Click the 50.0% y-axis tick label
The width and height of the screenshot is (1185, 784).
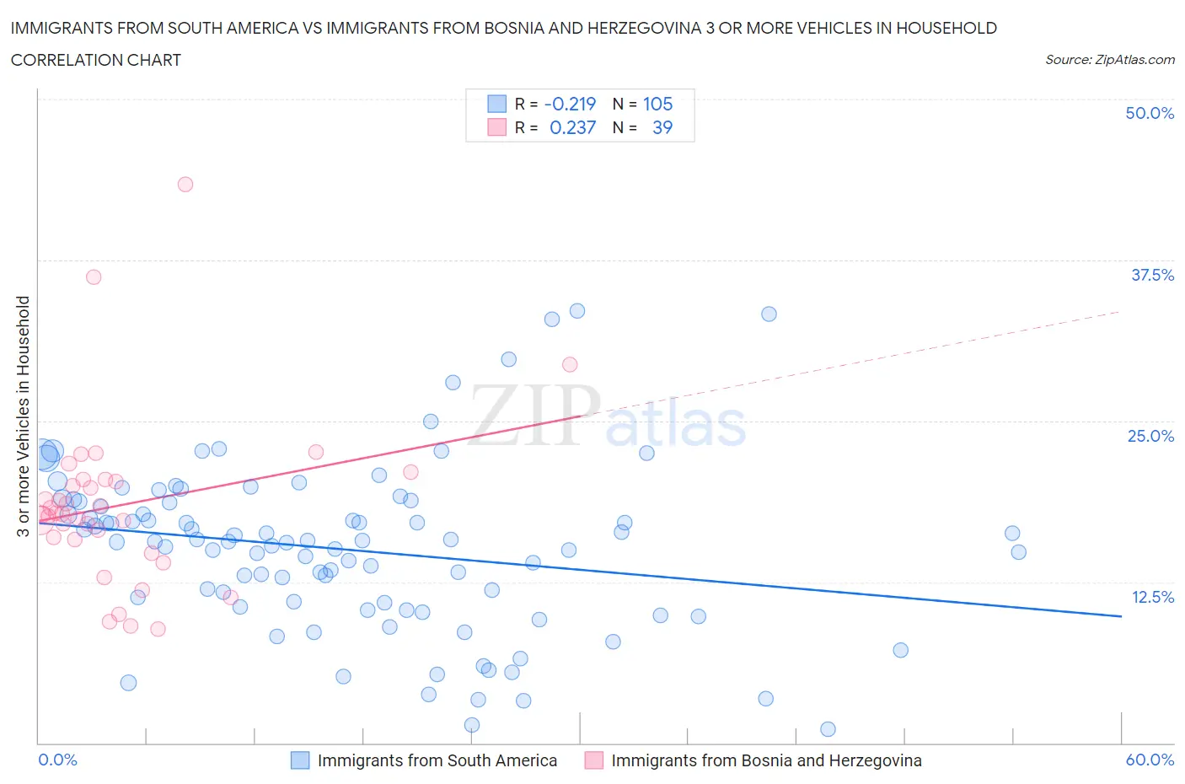point(1150,113)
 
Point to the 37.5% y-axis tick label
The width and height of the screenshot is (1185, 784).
point(1152,275)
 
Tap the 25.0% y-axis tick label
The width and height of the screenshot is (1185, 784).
point(1150,436)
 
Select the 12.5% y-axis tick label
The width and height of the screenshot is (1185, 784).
point(1152,597)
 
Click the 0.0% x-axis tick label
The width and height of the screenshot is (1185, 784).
point(57,760)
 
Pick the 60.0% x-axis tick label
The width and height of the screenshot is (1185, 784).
point(1150,760)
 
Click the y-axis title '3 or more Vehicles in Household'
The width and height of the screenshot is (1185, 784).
point(23,416)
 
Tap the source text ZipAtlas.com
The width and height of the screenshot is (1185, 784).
point(1109,60)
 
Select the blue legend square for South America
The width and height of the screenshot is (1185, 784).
point(300,760)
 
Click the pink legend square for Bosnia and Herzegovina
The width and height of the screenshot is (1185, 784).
point(594,760)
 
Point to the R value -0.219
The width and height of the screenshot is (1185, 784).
point(570,104)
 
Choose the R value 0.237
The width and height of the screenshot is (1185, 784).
point(572,127)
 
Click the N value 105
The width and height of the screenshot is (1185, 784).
point(657,104)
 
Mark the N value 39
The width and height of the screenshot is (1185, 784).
point(662,127)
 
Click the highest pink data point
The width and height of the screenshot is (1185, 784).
point(185,184)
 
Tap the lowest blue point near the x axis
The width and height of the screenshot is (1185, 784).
point(828,729)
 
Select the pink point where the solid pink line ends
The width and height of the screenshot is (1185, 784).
point(570,364)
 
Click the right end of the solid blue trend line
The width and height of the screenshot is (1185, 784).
point(1121,616)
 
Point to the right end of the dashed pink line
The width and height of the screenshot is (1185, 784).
point(1120,311)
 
